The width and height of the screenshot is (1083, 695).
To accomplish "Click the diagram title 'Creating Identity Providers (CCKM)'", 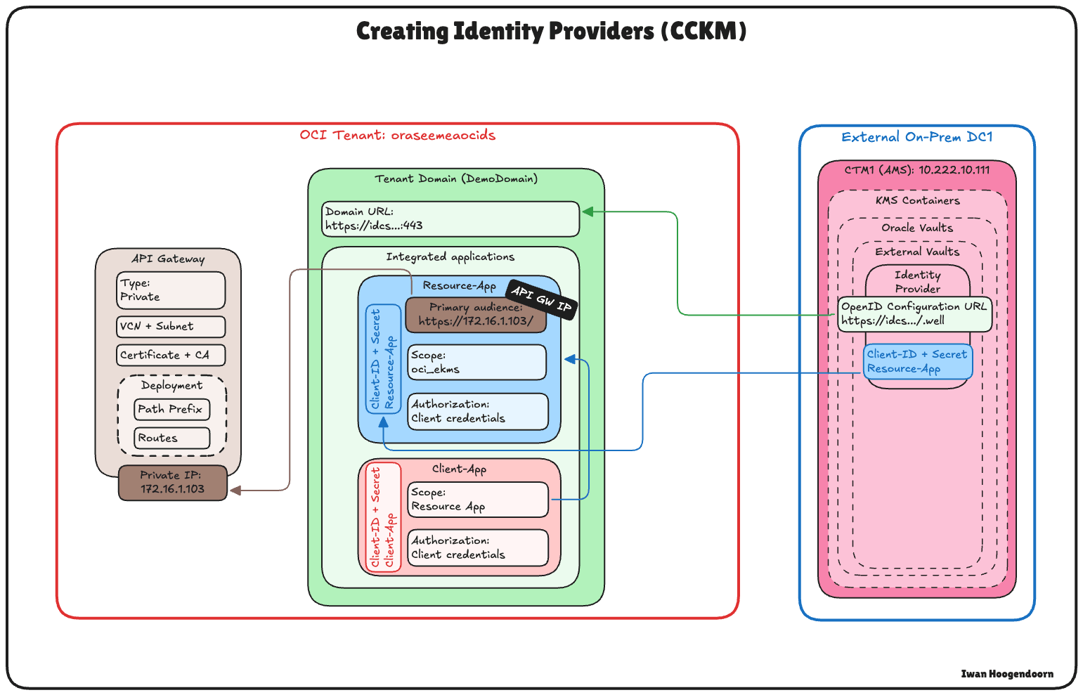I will click(551, 32).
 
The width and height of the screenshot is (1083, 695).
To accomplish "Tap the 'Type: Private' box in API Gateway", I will click(171, 290).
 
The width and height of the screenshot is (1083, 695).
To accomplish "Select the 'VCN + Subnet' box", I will click(171, 327).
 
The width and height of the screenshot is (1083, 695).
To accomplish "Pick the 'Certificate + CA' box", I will click(171, 355).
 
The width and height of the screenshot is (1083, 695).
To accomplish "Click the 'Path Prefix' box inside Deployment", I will click(171, 409).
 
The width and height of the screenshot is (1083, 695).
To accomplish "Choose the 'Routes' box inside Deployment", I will click(171, 438).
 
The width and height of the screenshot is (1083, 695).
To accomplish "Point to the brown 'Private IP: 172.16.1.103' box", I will click(172, 483).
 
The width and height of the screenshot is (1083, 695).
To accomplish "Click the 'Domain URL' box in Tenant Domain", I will click(450, 219).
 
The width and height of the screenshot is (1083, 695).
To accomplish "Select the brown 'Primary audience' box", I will click(476, 315).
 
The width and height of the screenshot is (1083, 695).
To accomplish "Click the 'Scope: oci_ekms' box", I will click(476, 362).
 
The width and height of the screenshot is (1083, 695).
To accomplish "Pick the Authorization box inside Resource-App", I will click(477, 411).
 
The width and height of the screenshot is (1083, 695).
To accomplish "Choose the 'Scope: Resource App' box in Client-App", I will click(477, 500).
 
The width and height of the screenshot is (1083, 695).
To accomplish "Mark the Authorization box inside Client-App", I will click(477, 547).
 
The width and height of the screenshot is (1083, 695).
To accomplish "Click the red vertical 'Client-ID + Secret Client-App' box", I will click(383, 517).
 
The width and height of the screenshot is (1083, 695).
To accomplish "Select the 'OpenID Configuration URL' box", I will click(914, 314).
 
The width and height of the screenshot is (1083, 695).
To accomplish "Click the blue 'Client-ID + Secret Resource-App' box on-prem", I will click(917, 361).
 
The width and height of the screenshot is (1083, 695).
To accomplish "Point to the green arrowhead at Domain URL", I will click(588, 212).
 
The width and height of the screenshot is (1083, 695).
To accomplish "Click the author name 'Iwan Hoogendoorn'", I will click(1007, 674).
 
